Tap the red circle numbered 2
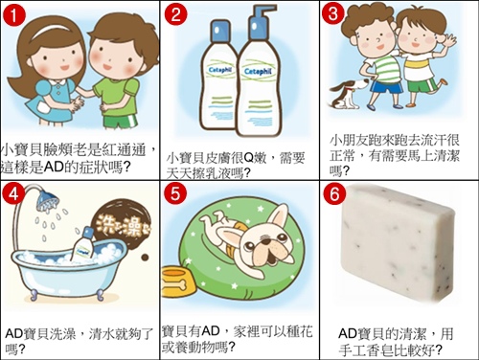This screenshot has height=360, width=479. [x=176, y=15]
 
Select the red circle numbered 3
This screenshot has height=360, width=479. [x=333, y=14]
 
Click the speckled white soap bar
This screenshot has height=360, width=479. [x=398, y=243]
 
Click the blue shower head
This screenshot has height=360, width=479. [x=48, y=200]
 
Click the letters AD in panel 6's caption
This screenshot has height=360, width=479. [x=347, y=334]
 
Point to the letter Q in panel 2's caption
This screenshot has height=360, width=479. [x=248, y=158]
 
